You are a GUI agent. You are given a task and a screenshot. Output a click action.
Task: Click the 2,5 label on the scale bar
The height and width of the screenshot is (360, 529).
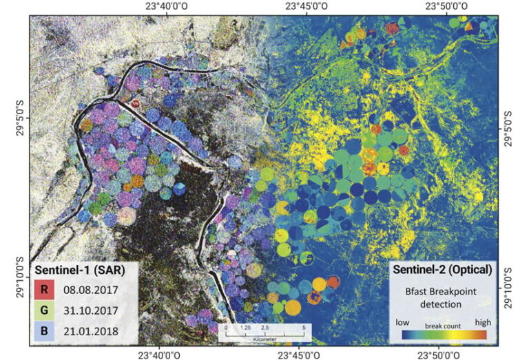tap(264, 328)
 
